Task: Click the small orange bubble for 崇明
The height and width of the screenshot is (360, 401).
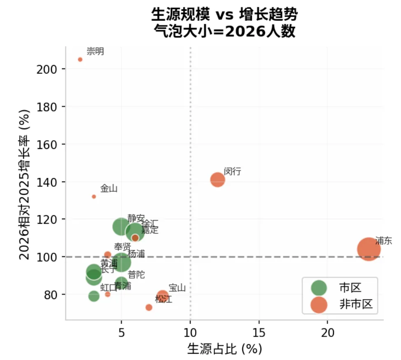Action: coord(80,60)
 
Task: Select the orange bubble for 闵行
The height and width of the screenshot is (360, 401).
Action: coord(218,180)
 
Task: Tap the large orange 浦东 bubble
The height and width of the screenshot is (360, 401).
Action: coord(368,249)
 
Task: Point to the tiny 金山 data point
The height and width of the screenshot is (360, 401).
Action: coord(94,197)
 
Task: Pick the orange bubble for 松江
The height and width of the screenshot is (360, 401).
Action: coord(149,307)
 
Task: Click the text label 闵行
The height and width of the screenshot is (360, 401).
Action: coord(232,171)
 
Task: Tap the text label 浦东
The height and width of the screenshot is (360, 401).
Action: coord(383,241)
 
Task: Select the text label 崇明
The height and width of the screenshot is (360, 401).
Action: coord(95,51)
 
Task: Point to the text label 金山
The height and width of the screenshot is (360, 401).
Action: coord(109,188)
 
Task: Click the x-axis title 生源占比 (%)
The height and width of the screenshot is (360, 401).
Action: coord(224,349)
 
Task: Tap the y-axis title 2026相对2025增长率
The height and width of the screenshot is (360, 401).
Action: coord(26,185)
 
